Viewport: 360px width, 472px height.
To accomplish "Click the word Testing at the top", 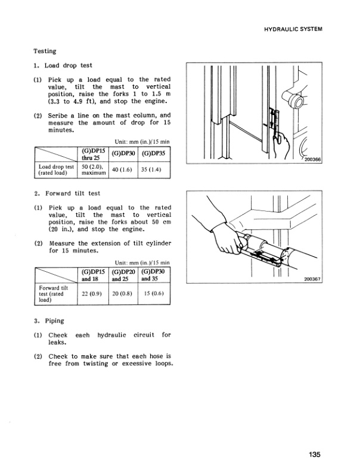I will (x=45, y=52).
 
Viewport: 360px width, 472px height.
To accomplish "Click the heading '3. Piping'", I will (x=49, y=321).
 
